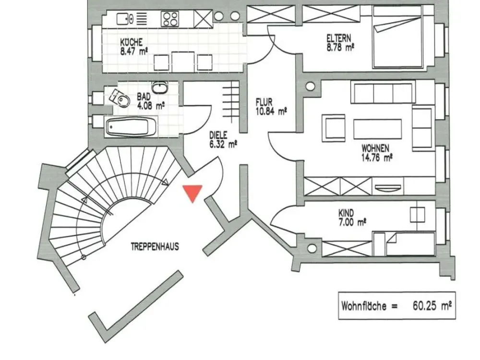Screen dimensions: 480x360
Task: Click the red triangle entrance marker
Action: (x=192, y=192)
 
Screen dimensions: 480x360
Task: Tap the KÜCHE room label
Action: (x=132, y=42)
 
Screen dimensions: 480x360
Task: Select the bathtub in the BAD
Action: (x=131, y=127)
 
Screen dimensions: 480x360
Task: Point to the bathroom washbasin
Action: (x=160, y=88)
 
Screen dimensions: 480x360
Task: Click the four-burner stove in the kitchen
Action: (x=170, y=19)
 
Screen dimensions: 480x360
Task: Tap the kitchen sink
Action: (x=125, y=19)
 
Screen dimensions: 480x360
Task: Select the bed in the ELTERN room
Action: (x=397, y=37)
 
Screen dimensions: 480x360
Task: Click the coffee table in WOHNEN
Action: (x=377, y=129)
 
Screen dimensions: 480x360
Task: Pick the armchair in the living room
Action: (x=334, y=128)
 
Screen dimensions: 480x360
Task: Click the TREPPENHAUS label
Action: (x=155, y=247)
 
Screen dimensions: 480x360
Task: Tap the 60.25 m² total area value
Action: (x=432, y=305)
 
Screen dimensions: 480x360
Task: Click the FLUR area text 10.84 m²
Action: (x=271, y=111)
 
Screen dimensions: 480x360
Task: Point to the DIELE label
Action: (x=218, y=135)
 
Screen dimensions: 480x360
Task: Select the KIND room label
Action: (x=346, y=213)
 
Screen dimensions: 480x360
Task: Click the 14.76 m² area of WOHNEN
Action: (x=377, y=157)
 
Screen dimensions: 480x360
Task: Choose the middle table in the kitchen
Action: (x=183, y=61)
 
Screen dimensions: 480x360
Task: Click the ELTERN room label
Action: (x=339, y=38)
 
